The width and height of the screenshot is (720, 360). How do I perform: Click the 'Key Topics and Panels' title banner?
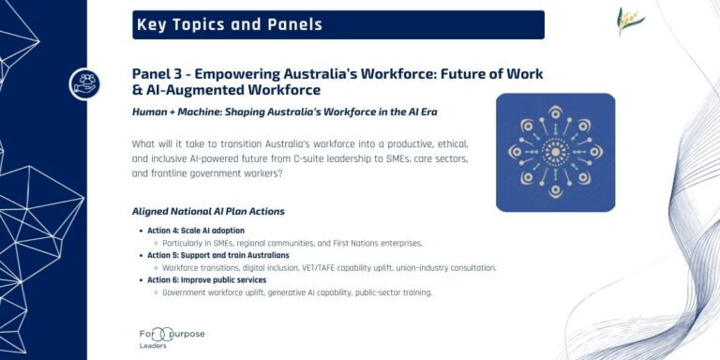[337, 24]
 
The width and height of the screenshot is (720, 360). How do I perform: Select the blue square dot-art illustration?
[555, 151]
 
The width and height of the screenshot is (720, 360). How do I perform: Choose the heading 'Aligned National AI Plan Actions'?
[208, 211]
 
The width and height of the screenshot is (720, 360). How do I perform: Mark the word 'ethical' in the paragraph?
[444, 143]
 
